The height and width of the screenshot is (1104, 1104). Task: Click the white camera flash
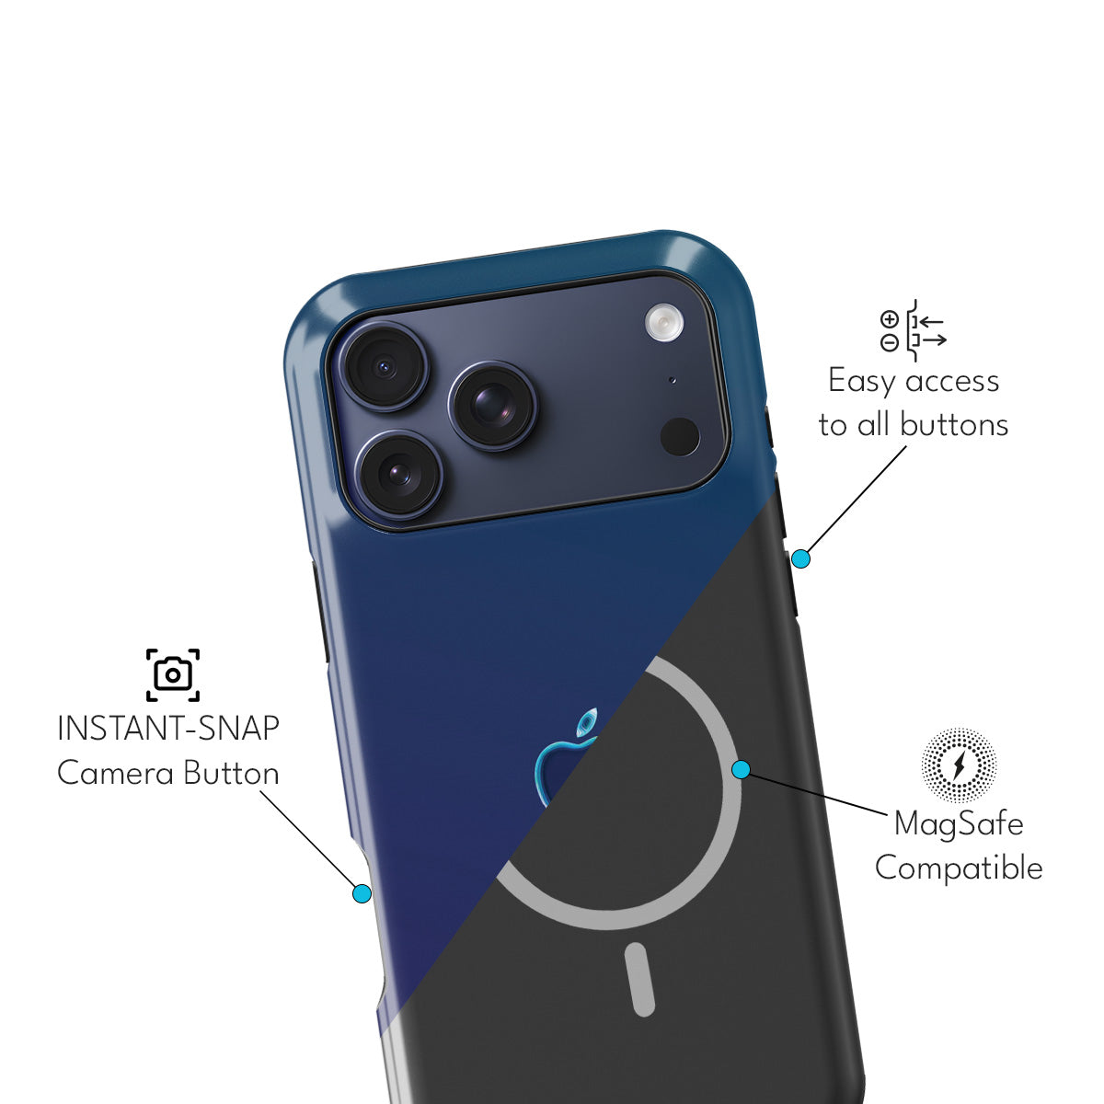pos(664,323)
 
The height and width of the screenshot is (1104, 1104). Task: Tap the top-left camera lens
pos(385,366)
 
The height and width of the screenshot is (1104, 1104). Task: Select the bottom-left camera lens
pos(398,474)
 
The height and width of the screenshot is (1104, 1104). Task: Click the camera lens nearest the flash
pos(493,406)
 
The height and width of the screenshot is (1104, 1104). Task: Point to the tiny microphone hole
pos(672,380)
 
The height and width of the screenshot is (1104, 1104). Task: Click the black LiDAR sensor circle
pos(680,437)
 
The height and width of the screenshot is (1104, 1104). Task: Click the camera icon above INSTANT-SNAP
pos(172,675)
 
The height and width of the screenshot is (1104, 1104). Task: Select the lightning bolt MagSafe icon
pos(959,765)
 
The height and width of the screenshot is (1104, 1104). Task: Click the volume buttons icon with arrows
pos(913,330)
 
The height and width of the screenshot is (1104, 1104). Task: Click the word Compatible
pos(959,868)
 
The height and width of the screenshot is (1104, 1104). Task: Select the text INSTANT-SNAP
pos(168,729)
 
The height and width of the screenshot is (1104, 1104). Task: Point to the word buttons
pos(954,425)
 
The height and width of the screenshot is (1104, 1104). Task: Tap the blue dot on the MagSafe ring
pos(742,769)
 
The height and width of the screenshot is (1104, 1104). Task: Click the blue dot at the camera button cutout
pos(362,893)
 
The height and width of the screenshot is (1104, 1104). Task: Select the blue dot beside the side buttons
pos(801,558)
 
